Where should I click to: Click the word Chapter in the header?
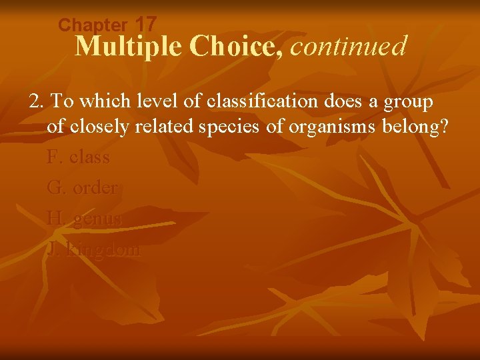coord(92,25)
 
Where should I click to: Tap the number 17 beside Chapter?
coord(145,24)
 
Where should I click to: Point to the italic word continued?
coord(349,46)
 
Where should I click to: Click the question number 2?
coord(35,102)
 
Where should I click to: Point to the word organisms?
coord(327,127)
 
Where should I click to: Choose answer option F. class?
coord(78,157)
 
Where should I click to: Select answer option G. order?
coord(83,188)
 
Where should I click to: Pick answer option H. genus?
coord(85,219)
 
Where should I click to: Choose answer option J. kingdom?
coord(94,249)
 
